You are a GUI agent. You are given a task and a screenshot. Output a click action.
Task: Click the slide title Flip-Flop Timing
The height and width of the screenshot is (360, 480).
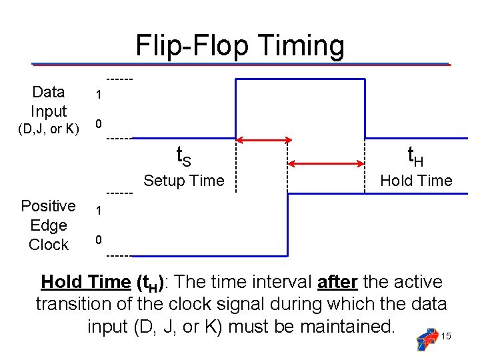(240, 46)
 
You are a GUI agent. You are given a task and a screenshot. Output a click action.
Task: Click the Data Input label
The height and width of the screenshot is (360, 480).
(49, 101)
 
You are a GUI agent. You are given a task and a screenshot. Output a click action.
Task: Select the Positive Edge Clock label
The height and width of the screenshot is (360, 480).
(48, 225)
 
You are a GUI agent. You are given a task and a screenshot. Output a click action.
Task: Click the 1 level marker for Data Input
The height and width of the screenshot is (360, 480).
(98, 95)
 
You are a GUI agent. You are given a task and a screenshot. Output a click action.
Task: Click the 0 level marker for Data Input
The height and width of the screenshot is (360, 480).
(98, 124)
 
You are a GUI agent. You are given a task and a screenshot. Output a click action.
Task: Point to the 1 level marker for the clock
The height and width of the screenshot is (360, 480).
(98, 211)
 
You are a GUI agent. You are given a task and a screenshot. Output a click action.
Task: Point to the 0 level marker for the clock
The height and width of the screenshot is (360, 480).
(98, 239)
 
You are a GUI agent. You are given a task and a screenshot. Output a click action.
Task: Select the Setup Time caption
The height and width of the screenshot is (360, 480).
(184, 181)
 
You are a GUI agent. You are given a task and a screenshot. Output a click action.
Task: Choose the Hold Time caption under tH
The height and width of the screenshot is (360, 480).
(415, 181)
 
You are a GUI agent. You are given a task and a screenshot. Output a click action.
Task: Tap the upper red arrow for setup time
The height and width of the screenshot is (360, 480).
(265, 140)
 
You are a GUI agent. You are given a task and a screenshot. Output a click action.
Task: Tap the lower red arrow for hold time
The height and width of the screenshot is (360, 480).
(326, 164)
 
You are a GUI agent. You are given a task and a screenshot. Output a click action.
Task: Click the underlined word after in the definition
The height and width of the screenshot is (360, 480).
(337, 282)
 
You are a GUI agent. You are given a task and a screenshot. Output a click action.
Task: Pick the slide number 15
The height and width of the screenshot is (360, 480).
(446, 337)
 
